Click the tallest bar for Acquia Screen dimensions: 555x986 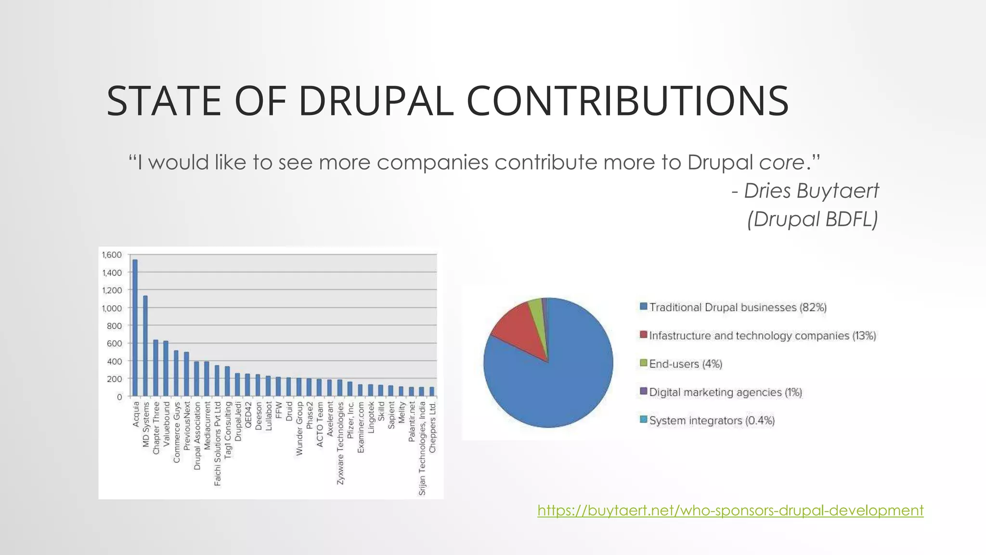135,328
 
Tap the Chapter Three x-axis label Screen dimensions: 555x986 156,428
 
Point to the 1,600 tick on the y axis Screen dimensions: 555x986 112,255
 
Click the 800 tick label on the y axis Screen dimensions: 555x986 114,326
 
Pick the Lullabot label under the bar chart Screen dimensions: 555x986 269,416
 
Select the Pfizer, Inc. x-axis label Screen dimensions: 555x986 350,420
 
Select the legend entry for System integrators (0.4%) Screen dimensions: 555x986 712,421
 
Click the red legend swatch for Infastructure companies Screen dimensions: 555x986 643,335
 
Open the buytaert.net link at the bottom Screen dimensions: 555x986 730,510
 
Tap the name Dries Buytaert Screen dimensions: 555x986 811,191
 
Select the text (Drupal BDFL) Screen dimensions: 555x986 812,219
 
